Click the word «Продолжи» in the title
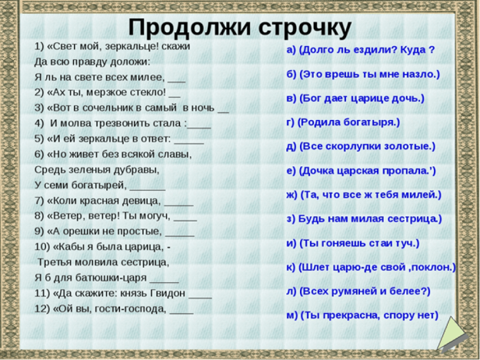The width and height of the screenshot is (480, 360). (x=184, y=27)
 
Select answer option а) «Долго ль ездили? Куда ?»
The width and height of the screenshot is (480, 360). (x=361, y=50)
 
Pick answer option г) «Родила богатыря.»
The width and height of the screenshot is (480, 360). (x=343, y=122)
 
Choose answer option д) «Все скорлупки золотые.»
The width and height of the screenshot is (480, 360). (x=361, y=146)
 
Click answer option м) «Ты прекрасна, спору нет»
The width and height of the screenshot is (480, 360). (x=362, y=315)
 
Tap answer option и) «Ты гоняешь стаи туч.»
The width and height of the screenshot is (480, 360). (x=352, y=243)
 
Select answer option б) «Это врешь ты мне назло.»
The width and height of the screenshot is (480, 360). (x=363, y=74)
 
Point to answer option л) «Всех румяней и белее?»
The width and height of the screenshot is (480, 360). (x=358, y=291)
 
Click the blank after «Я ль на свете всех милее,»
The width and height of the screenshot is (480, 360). (x=177, y=80)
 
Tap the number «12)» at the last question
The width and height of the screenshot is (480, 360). (x=43, y=309)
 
